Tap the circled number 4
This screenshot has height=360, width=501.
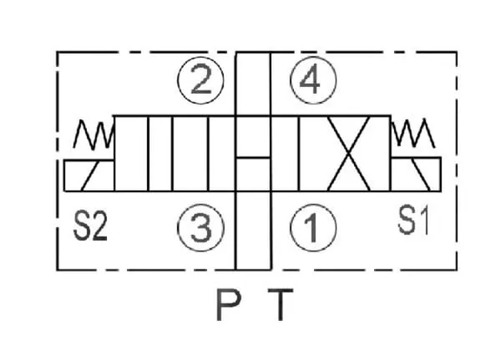tap(311, 81)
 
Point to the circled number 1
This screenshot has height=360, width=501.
tap(311, 226)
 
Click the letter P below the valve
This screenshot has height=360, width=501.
tap(225, 307)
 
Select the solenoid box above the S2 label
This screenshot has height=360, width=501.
tap(88, 174)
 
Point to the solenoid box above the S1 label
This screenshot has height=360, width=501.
tap(416, 174)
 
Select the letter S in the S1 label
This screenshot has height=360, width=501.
tap(407, 222)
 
